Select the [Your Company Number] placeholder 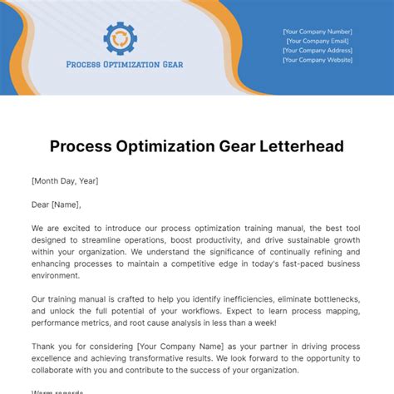point(317,31)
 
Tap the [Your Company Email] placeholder point(317,41)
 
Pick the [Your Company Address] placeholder point(317,50)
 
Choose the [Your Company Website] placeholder point(317,60)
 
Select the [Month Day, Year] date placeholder point(65,180)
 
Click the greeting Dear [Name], point(57,204)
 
